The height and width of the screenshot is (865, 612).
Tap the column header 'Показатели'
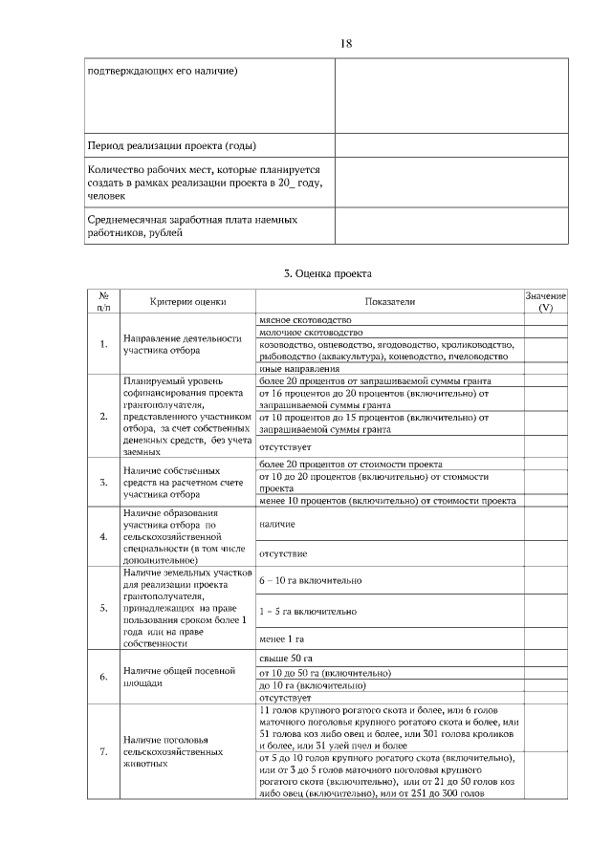tap(389, 301)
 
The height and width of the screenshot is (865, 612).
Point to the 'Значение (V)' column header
tap(545, 302)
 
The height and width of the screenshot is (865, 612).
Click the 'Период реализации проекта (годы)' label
tap(171, 145)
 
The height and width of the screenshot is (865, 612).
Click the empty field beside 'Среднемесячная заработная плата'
tap(450, 226)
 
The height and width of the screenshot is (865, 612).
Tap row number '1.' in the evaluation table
tap(103, 344)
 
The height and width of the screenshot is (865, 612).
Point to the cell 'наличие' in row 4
tap(277, 525)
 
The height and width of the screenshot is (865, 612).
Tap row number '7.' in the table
tap(103, 752)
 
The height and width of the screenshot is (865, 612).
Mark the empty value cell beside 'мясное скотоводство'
tap(545, 319)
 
